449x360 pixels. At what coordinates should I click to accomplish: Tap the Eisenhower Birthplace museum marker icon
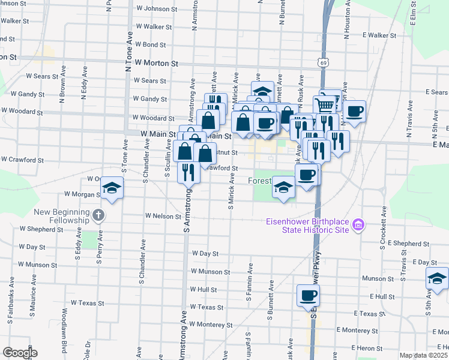(x=358, y=226)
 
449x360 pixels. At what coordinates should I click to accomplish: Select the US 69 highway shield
(x=324, y=62)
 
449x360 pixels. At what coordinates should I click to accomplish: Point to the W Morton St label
(x=157, y=62)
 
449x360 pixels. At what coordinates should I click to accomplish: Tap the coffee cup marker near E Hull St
(x=308, y=295)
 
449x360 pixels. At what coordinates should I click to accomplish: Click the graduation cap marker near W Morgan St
(x=112, y=188)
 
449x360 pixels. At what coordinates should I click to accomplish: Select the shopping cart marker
(x=325, y=105)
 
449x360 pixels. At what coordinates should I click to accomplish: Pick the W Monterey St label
(x=210, y=324)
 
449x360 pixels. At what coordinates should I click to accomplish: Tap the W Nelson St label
(x=163, y=215)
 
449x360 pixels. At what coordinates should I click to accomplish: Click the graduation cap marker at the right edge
(x=436, y=278)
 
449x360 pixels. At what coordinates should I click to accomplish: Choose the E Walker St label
(x=371, y=35)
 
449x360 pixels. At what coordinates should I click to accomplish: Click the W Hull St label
(x=203, y=289)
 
